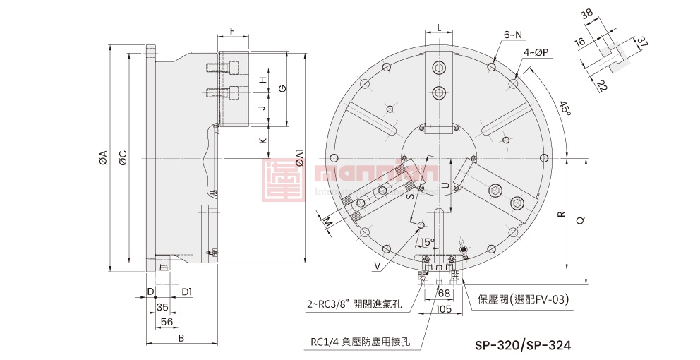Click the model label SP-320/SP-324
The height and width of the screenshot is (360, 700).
pyautogui.click(x=522, y=346)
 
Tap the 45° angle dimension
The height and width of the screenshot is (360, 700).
pyautogui.click(x=565, y=109)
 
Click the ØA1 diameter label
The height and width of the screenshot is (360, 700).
pyautogui.click(x=299, y=157)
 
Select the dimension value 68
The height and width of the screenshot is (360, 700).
pyautogui.click(x=443, y=292)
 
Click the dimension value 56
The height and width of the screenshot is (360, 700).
pyautogui.click(x=167, y=321)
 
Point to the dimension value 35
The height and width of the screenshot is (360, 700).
pyautogui.click(x=162, y=307)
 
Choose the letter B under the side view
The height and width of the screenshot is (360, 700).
pyautogui.click(x=181, y=339)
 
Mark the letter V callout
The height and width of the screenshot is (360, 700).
pyautogui.click(x=378, y=266)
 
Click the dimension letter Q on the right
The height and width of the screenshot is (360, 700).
pyautogui.click(x=579, y=220)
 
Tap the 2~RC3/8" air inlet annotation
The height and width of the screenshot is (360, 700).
pyautogui.click(x=354, y=305)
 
